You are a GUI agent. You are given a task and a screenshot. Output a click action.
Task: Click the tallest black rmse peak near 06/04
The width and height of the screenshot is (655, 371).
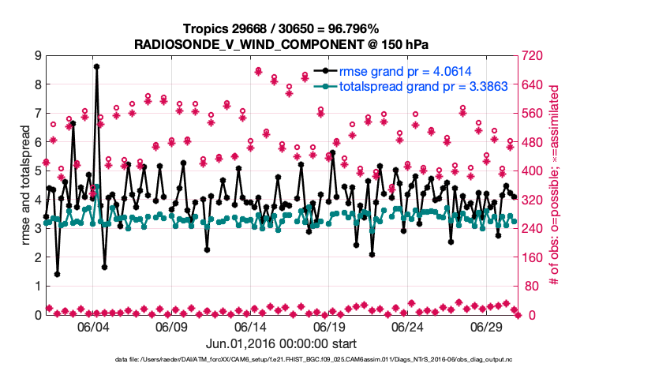96,67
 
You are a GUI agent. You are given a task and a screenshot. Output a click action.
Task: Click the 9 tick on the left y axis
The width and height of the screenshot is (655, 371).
37,55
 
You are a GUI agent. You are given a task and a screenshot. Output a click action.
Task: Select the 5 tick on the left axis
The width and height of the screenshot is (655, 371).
37,171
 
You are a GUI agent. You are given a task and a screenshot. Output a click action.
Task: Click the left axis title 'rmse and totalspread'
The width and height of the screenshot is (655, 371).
25,185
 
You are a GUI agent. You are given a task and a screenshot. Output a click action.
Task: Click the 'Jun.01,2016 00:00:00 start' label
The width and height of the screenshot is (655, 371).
281,344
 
